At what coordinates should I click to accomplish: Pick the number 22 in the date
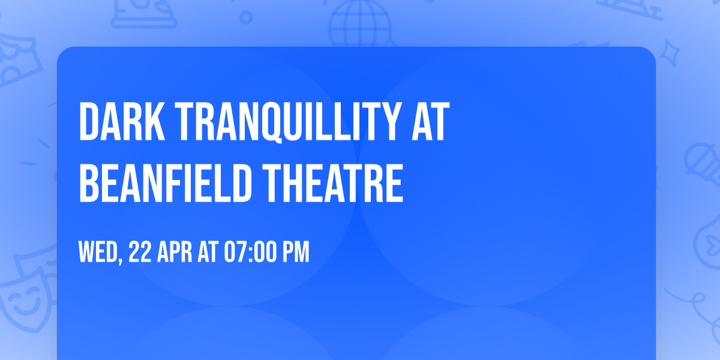(x=139, y=253)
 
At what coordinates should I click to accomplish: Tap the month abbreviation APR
(x=176, y=253)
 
